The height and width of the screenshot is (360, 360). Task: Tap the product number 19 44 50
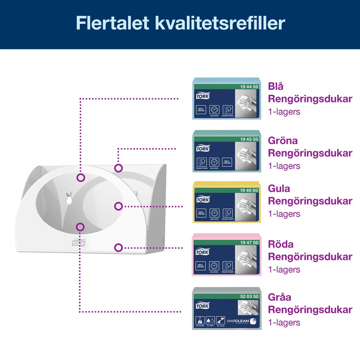coord(249,86)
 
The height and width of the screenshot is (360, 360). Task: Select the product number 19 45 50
coord(249,139)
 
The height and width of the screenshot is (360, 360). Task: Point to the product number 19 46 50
coord(249,190)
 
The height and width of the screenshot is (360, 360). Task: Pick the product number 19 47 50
coord(249,243)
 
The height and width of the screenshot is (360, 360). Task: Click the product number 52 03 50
coord(249,296)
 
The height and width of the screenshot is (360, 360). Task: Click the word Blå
coord(276,86)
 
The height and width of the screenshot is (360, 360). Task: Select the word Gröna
coord(283,141)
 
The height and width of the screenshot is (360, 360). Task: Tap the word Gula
coord(279,188)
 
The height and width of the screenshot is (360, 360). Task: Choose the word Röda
coord(281,244)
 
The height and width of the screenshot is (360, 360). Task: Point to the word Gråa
coord(280,297)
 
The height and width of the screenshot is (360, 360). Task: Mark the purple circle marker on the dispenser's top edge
coord(119,168)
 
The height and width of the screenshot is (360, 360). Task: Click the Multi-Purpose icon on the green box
coord(227,162)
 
